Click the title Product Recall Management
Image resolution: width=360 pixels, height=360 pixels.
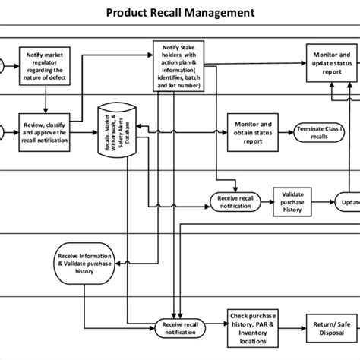(180, 13)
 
